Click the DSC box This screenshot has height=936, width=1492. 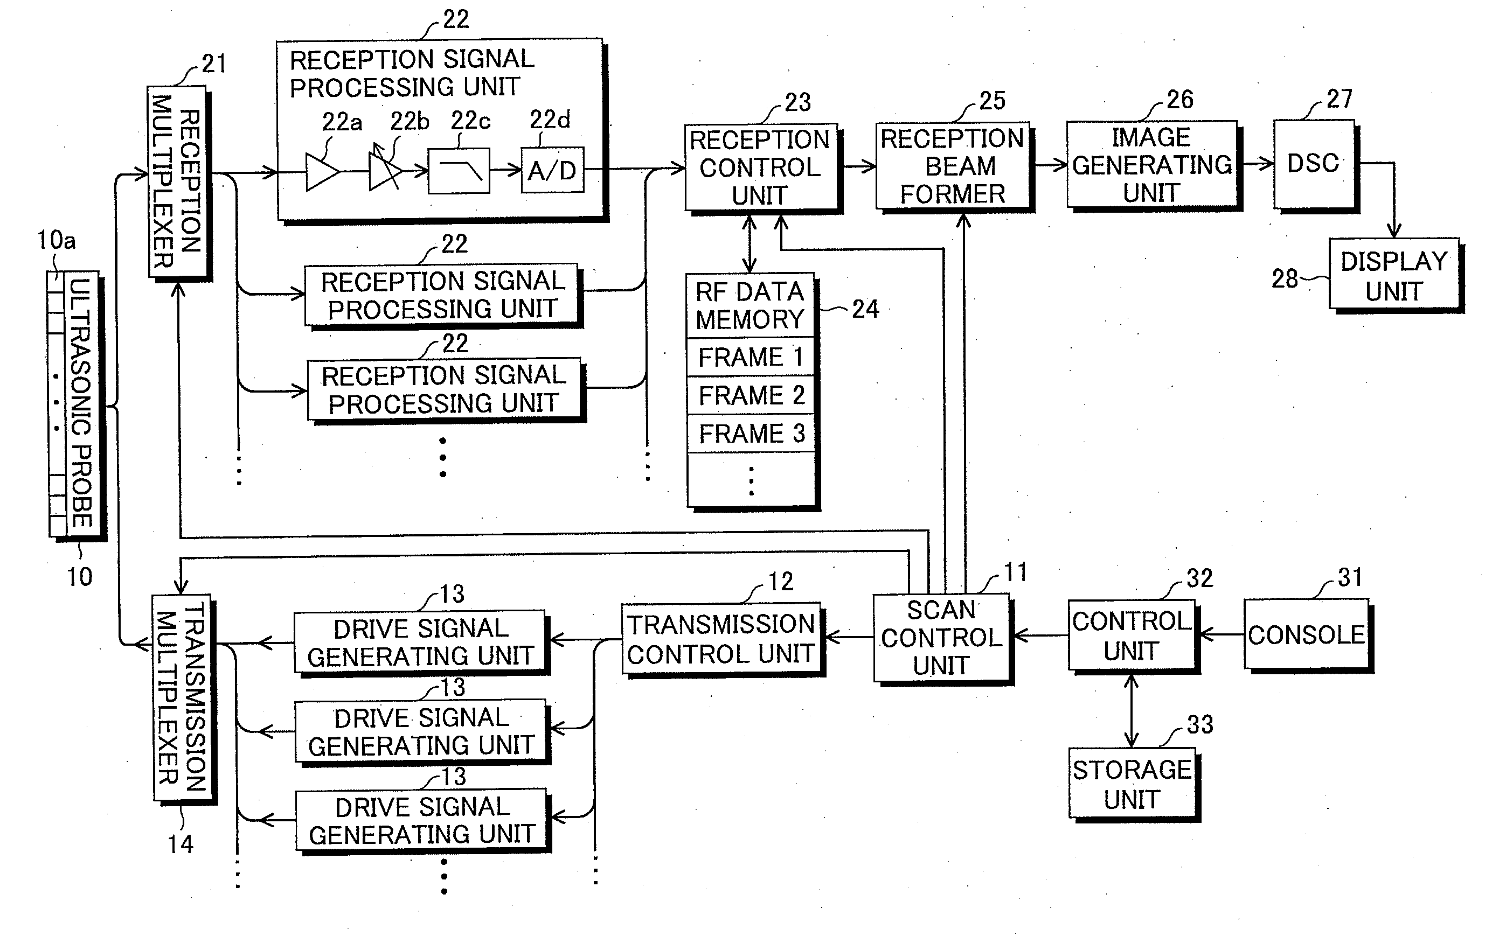click(1313, 164)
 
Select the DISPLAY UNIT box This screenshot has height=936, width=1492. click(1393, 275)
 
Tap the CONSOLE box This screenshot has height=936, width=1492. click(1306, 634)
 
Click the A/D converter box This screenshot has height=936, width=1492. click(552, 170)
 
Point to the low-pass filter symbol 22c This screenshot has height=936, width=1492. click(459, 171)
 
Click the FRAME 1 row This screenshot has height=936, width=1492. click(750, 357)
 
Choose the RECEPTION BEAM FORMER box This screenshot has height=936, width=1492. click(952, 166)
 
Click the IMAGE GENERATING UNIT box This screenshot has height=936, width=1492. click(1151, 165)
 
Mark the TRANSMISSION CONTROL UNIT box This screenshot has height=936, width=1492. click(720, 639)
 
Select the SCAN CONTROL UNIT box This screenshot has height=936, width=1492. click(941, 638)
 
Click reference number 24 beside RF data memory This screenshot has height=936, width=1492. click(865, 309)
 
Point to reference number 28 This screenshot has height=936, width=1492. click(1285, 278)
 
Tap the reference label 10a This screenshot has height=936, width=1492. click(57, 240)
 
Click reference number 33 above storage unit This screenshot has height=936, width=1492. click(1199, 725)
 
